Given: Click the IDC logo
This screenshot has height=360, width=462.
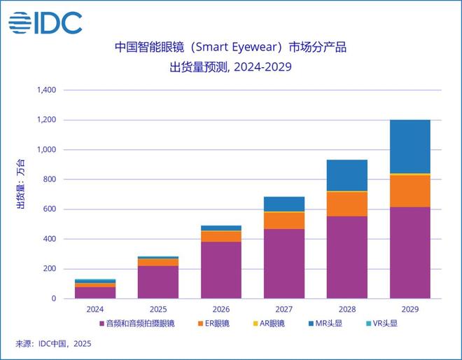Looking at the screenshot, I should tap(45, 23).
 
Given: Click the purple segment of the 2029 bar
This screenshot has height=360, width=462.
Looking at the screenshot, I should tap(410, 252).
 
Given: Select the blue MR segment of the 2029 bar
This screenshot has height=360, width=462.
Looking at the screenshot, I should tap(410, 146).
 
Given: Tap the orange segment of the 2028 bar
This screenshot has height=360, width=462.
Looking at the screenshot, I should tap(347, 204).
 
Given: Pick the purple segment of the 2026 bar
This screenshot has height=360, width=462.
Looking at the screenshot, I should tap(221, 270).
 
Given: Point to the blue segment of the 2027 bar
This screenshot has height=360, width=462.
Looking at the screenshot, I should tap(284, 204).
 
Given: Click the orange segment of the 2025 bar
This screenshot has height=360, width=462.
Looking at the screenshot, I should tap(158, 262).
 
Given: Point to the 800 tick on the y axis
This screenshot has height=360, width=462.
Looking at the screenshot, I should tap(48, 179).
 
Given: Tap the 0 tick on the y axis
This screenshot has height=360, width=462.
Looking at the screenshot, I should tap(52, 298).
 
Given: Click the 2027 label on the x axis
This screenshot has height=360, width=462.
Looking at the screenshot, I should tap(284, 308).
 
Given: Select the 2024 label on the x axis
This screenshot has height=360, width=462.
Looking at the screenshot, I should tap(95, 308).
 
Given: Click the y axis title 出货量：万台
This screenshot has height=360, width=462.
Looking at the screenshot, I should tap(21, 184).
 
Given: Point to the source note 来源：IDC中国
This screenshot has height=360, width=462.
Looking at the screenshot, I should tap(53, 344).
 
